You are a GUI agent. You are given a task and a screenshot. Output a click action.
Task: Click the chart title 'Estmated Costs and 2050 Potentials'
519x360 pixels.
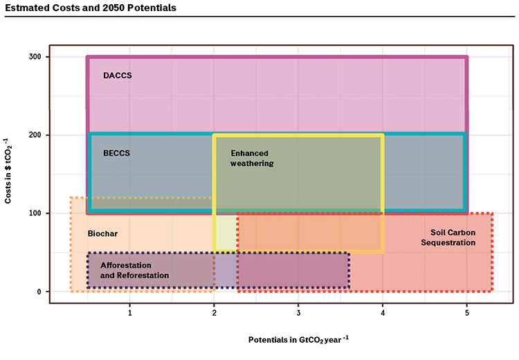click(x=91, y=8)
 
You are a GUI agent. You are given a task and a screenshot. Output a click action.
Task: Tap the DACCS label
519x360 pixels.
click(x=118, y=75)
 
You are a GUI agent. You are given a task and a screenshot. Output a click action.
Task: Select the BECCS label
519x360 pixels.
click(x=116, y=153)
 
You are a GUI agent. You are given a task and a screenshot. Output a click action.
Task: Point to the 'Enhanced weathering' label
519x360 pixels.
click(x=252, y=159)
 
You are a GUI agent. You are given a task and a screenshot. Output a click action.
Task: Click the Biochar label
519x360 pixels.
click(x=102, y=233)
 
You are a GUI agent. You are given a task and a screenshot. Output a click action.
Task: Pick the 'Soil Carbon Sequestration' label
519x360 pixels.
click(x=448, y=237)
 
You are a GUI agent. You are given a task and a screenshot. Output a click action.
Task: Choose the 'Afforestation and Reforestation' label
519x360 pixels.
click(x=134, y=270)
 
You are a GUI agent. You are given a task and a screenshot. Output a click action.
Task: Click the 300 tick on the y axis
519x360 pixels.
click(x=35, y=57)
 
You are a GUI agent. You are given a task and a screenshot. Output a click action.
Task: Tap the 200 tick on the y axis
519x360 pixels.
click(x=35, y=135)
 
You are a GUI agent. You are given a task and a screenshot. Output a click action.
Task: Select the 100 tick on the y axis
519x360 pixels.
click(x=35, y=213)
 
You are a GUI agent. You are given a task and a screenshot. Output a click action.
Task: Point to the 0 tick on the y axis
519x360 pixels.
click(x=39, y=291)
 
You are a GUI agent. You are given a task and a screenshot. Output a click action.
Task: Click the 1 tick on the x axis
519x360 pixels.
click(x=130, y=313)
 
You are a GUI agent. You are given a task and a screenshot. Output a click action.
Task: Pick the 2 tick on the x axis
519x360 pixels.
click(x=214, y=313)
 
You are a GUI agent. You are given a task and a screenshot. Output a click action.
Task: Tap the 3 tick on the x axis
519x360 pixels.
click(x=298, y=313)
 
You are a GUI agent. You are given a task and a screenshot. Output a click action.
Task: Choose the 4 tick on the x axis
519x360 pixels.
click(x=383, y=313)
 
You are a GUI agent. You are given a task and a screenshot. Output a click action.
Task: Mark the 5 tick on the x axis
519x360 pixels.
click(x=467, y=313)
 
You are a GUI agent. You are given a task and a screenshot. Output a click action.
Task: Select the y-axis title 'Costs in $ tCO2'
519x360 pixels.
click(x=8, y=171)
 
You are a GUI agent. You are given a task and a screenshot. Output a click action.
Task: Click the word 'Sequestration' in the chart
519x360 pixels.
click(x=448, y=242)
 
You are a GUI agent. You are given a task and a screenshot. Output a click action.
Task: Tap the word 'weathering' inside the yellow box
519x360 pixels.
click(x=252, y=163)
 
